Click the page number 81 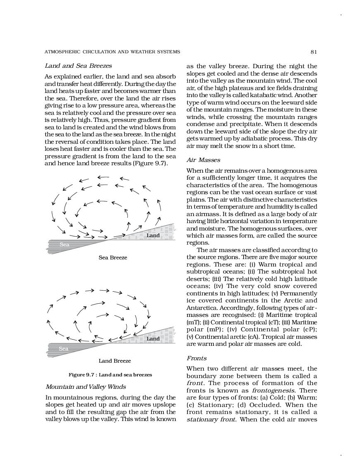(x=314, y=52)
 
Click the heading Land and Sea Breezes (x=78, y=66)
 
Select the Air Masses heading (x=203, y=160)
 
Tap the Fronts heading (x=197, y=358)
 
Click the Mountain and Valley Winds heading (x=86, y=387)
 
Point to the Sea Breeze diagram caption (x=113, y=257)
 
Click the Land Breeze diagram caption (x=115, y=361)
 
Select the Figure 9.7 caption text (x=110, y=375)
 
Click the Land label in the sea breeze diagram (x=153, y=235)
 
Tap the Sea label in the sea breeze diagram (x=64, y=245)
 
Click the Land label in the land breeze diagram (x=153, y=338)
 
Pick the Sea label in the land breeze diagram (x=63, y=348)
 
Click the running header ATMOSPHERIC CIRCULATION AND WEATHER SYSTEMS (x=112, y=52)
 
